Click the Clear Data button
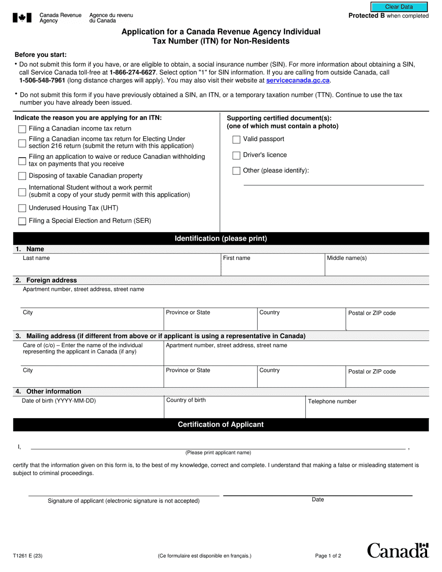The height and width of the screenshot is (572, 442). click(399, 7)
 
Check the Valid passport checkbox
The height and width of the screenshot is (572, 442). click(236, 140)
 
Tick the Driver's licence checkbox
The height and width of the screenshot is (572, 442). click(236, 155)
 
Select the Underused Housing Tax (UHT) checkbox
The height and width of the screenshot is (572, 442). click(22, 208)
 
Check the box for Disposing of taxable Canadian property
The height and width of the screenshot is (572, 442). click(22, 176)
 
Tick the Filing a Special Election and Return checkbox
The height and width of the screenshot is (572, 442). click(22, 221)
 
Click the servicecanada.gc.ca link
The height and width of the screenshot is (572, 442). click(298, 80)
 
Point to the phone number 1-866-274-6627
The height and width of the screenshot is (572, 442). click(133, 73)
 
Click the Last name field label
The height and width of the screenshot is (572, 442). click(36, 258)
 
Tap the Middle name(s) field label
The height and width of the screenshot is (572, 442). click(347, 258)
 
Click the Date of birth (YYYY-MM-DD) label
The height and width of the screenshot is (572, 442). click(59, 400)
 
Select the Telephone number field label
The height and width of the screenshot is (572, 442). click(332, 401)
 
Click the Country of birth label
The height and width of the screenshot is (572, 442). click(186, 400)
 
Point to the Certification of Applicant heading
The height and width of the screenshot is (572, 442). click(221, 425)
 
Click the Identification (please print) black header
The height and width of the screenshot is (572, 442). click(221, 239)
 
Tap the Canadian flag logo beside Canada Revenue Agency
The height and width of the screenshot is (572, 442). click(22, 18)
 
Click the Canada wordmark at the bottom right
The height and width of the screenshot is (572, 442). click(398, 551)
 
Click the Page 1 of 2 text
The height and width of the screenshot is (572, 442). click(328, 555)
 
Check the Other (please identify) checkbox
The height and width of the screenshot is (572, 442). click(236, 171)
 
